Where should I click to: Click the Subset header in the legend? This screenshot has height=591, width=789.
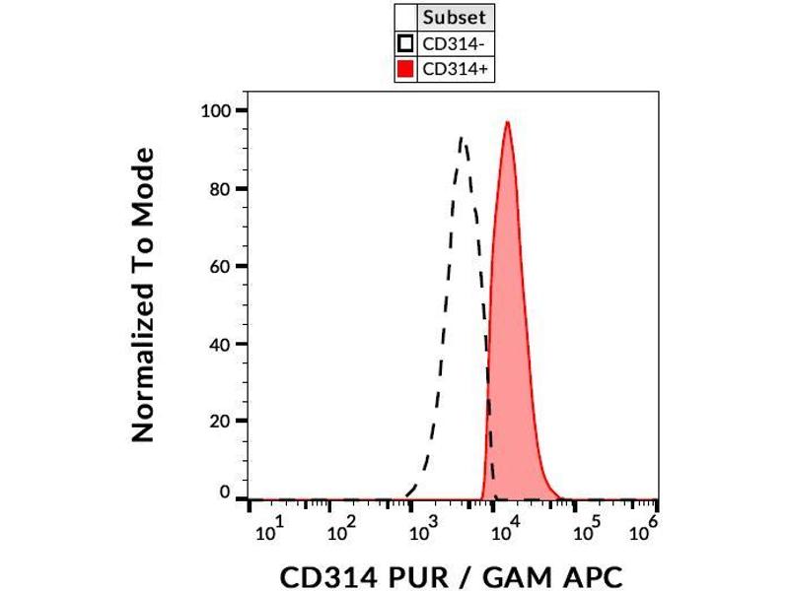coord(454,18)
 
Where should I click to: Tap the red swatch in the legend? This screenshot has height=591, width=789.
coord(404,69)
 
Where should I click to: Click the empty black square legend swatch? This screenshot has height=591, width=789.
coord(404,43)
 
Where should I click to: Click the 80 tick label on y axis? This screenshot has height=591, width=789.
coord(220,188)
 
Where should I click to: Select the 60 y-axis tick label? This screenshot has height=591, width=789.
coord(220,266)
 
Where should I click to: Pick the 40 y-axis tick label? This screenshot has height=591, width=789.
coord(220,344)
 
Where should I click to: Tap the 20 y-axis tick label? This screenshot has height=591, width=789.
coord(220,421)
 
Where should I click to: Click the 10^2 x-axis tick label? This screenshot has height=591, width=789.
coord(340,532)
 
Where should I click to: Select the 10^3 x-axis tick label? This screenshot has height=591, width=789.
coord(423,532)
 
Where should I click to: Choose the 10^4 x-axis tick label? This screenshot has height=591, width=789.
coord(505,532)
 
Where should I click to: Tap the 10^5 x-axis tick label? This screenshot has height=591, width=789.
coord(587,532)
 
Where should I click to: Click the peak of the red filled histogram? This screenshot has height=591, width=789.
coord(507,122)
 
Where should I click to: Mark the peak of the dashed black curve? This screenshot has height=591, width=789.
coord(462,138)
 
